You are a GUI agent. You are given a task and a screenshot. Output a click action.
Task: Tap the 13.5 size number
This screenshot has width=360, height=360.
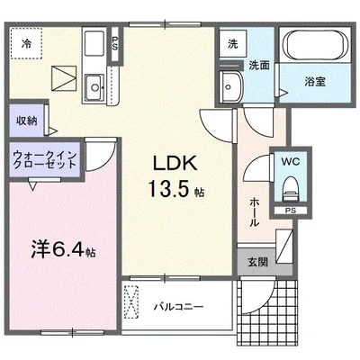tap(162, 190)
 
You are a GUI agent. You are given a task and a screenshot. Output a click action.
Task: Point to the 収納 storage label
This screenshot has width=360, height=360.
tap(27, 121)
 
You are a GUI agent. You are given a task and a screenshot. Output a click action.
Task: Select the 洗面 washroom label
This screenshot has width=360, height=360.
tap(258, 65)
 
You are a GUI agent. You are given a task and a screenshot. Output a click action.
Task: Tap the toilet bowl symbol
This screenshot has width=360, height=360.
tap(289, 190)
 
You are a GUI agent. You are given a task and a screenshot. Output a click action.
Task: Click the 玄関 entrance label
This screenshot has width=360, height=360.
tap(257, 263)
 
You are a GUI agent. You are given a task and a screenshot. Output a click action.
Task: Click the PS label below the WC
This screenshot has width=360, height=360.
tap(289, 212)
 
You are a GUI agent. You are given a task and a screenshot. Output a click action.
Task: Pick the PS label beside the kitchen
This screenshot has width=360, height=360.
tap(115, 42)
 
